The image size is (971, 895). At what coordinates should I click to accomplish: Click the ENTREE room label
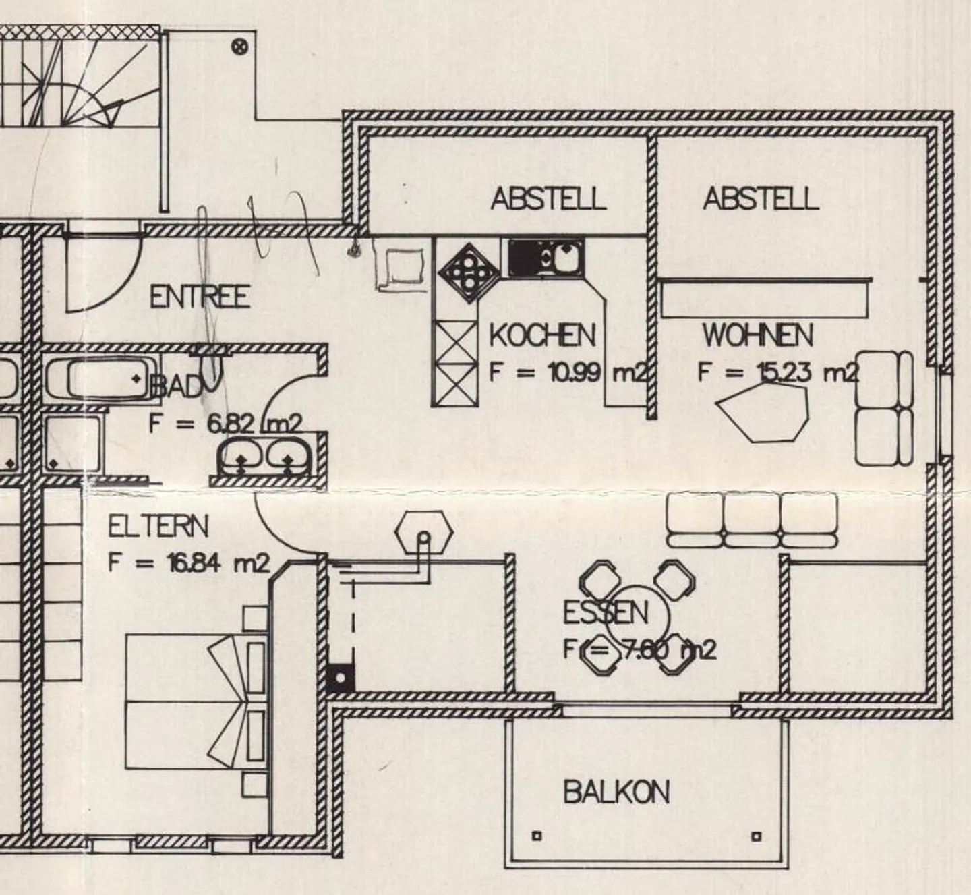point(200,297)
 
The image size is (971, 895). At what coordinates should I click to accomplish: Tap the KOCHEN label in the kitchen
point(542,335)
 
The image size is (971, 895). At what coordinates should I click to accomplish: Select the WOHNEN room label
point(758,335)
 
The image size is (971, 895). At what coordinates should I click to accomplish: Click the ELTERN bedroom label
point(158,527)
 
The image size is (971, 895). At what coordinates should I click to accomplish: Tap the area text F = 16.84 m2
point(189,563)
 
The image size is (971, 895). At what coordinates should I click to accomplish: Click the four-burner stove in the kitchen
point(469,273)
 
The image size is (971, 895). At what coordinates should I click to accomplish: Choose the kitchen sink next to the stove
point(546,258)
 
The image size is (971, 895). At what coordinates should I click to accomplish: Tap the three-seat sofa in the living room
point(752,521)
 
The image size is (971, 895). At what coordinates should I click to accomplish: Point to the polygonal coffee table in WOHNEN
point(762,412)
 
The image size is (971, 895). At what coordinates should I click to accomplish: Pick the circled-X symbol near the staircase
point(240,47)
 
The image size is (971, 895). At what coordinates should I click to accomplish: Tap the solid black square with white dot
point(341,677)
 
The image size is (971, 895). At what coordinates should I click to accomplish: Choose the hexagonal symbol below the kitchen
point(424,532)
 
